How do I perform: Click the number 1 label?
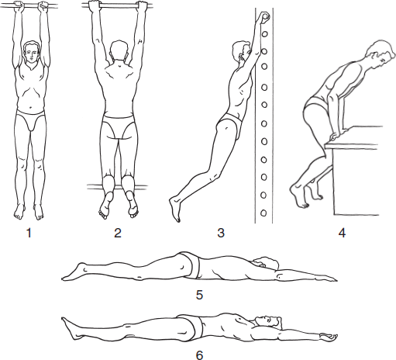coord(29,233)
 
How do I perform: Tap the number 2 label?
coord(118,233)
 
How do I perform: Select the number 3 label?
coord(221,233)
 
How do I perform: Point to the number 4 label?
coord(342,233)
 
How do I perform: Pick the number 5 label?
coord(199,295)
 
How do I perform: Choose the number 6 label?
coord(199,355)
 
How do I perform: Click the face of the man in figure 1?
coord(31,54)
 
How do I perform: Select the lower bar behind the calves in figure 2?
coord(117,187)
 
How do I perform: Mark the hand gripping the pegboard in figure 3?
coord(263,17)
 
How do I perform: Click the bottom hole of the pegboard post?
coord(263,213)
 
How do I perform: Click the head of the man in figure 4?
coord(381,56)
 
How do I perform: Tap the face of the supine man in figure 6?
coord(268,320)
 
